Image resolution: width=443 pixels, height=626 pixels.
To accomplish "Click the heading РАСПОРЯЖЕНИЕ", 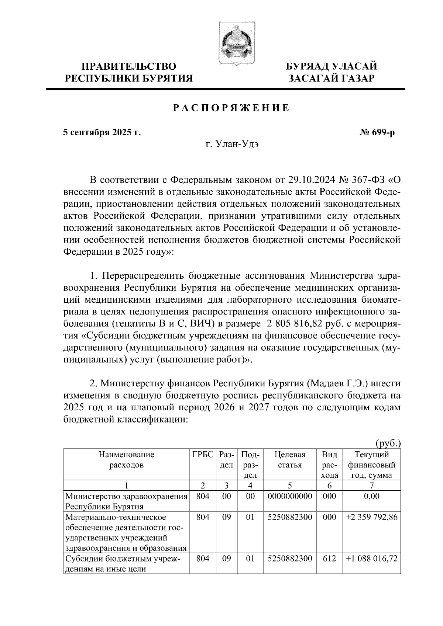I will point(231,108).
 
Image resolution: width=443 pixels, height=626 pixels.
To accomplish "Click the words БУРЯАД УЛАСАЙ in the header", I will point(332,66).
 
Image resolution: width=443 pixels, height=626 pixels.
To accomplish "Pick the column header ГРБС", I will point(203,455).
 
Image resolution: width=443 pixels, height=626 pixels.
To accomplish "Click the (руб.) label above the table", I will point(388,444).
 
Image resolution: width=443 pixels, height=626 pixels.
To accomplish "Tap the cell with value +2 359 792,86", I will point(371,517).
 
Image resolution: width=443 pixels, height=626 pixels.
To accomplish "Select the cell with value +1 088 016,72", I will point(371,559).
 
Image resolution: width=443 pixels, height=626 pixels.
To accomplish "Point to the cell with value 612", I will point(329,559).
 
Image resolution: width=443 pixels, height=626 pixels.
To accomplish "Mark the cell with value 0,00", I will point(371,496).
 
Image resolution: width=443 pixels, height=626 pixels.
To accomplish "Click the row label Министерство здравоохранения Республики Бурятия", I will point(126,501).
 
